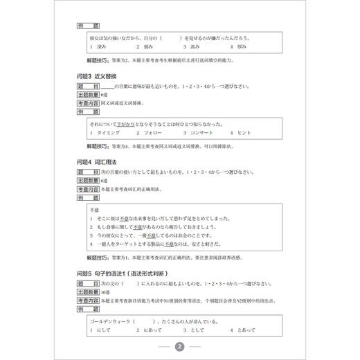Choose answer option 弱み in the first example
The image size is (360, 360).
pyautogui.click(x=147, y=46)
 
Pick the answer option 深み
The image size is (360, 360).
pyautogui.click(x=100, y=46)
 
